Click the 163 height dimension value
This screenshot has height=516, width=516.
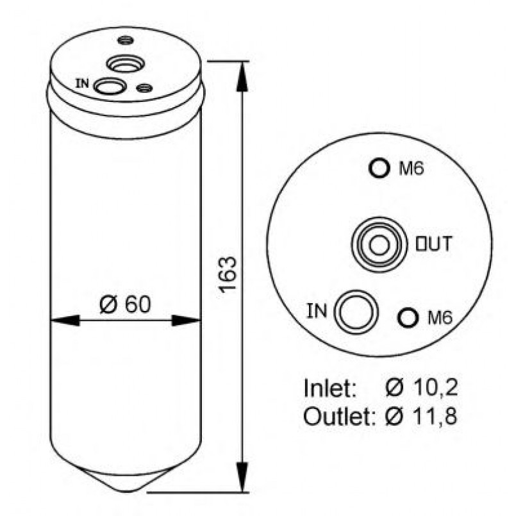[x=228, y=275]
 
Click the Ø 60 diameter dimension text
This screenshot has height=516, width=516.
[x=125, y=304]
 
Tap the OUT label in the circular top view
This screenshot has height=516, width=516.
[x=433, y=244]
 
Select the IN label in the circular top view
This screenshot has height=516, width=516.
[x=317, y=311]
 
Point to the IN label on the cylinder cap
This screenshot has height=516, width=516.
[x=82, y=83]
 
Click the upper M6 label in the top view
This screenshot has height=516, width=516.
[x=412, y=169]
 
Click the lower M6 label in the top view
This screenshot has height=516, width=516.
[x=440, y=317]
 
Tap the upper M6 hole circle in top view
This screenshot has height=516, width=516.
[x=379, y=168]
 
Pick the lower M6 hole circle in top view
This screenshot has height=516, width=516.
[x=408, y=317]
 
